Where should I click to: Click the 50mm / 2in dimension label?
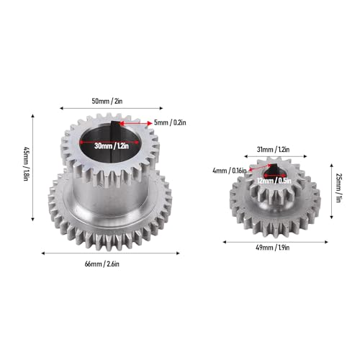coord(107,101)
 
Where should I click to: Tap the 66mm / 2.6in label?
coord(102,264)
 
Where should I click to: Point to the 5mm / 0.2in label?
coord(170,122)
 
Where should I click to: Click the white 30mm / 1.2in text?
coord(112,145)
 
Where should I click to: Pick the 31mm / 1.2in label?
coord(274,150)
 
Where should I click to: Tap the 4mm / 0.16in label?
coord(230,171)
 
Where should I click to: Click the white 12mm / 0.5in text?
coord(274,181)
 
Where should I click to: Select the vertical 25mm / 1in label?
coord(338,188)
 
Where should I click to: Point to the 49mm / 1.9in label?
coord(273,248)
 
